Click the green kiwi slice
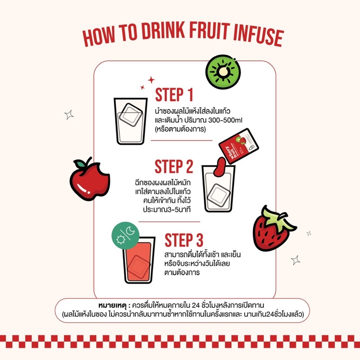223,72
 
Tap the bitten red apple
90,180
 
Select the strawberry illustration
274,229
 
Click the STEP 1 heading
174,94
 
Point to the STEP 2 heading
174,166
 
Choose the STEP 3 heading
184,240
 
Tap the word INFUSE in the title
258,36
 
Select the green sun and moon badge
126,235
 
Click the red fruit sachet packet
238,146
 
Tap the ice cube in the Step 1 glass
131,115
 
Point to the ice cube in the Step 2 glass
219,195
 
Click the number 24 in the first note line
196,306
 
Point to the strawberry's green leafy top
278,219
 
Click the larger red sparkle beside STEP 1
151,80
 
